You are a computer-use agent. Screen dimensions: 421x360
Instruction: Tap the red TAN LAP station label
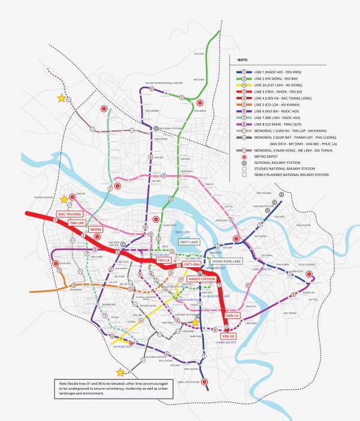click(x=79, y=222)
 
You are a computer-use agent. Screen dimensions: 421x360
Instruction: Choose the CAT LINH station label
click(x=191, y=265)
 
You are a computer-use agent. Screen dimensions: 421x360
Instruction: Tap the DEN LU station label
click(x=233, y=315)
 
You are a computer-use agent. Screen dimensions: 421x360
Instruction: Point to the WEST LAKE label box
click(x=193, y=242)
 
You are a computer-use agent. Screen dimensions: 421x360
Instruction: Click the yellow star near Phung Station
click(x=64, y=199)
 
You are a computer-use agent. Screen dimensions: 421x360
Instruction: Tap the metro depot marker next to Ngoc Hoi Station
click(x=204, y=382)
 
